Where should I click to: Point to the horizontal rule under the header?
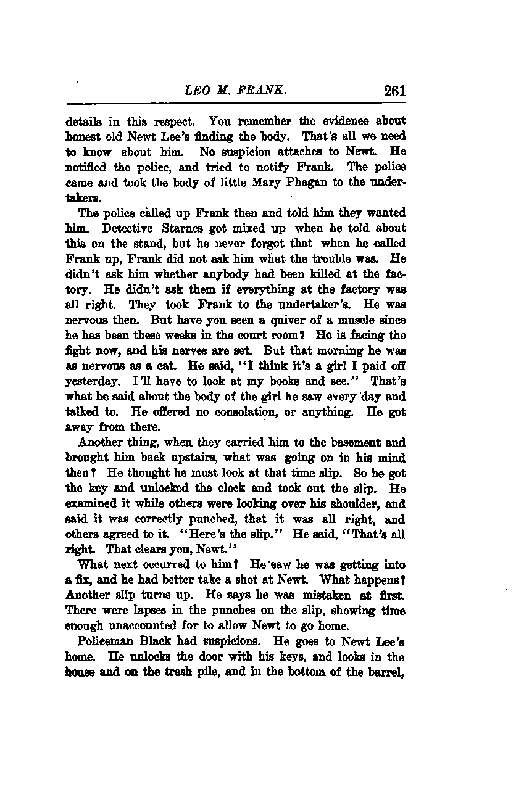point(236,104)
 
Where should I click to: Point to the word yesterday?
point(87,366)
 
